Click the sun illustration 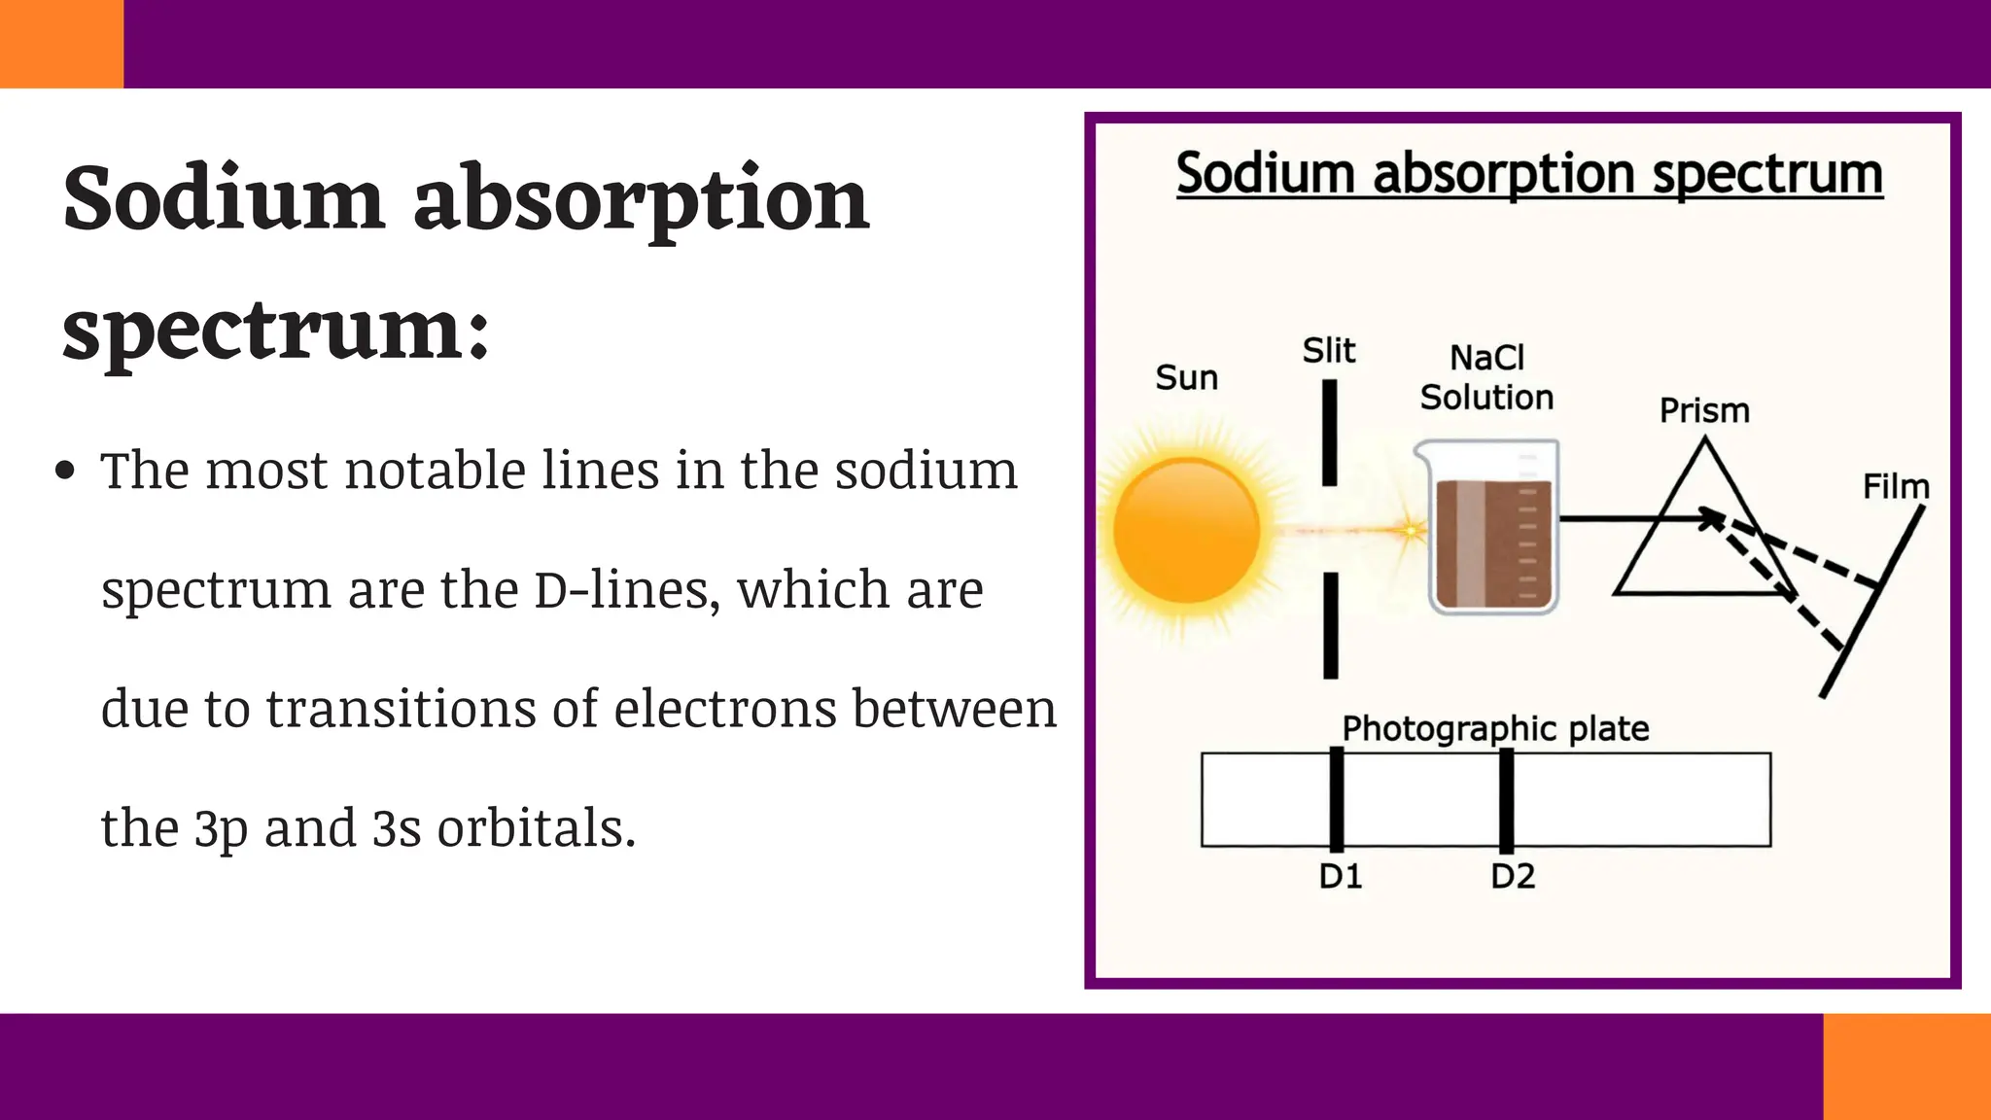[x=1186, y=531]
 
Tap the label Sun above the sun [x=1186, y=377]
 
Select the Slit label [x=1328, y=350]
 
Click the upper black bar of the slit [x=1329, y=432]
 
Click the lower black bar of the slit [x=1330, y=624]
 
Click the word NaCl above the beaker [x=1486, y=358]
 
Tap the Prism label [x=1703, y=410]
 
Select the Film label [x=1895, y=486]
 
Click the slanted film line [x=1871, y=603]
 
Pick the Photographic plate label [x=1495, y=728]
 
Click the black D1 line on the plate [x=1337, y=799]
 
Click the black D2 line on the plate [x=1506, y=799]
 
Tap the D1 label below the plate [x=1340, y=877]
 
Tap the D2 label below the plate [x=1513, y=877]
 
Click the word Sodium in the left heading [x=224, y=198]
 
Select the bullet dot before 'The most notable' [x=65, y=472]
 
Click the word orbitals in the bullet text [x=536, y=828]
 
